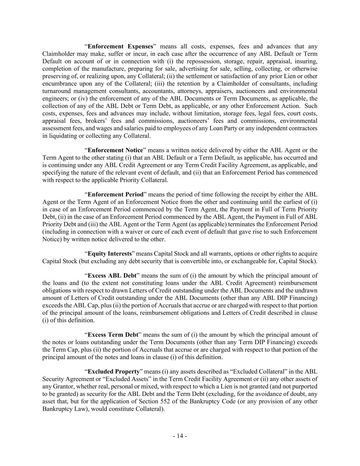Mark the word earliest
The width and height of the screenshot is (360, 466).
(x=296, y=202)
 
